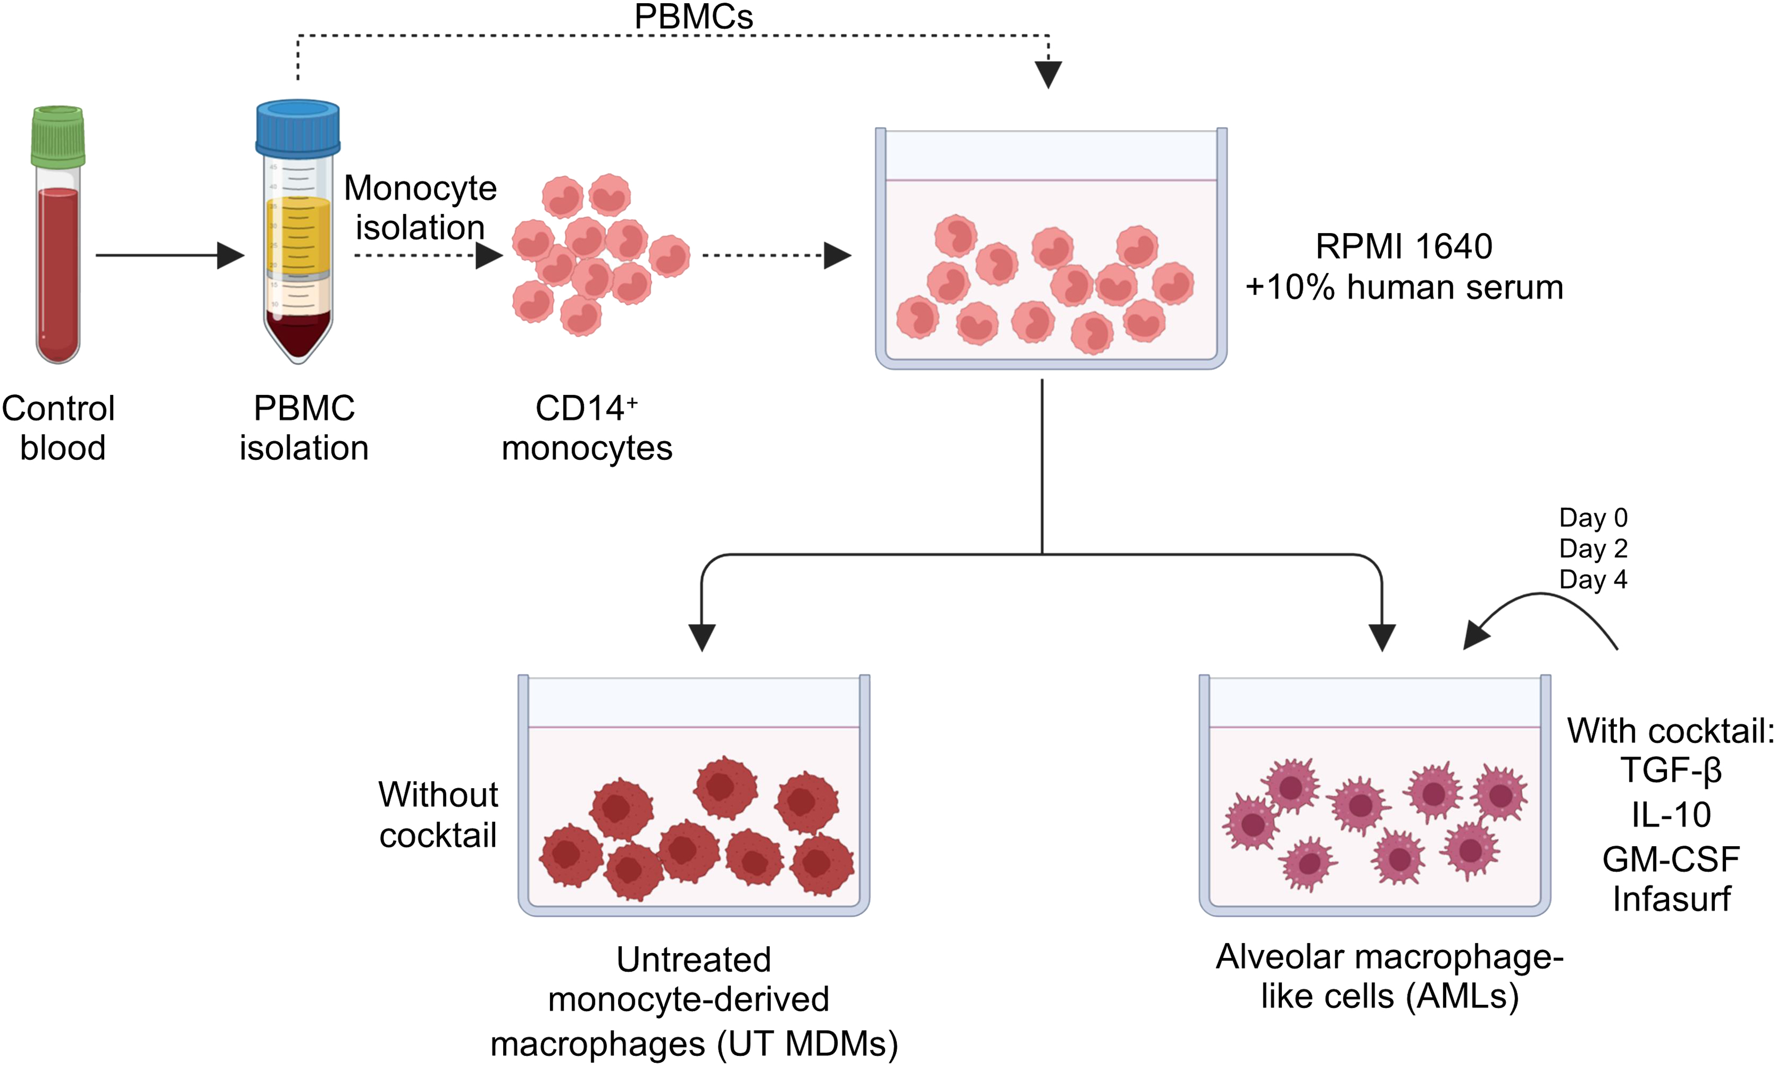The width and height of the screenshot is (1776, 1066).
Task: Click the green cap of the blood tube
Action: tap(58, 137)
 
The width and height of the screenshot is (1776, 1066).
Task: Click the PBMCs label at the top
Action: tap(693, 16)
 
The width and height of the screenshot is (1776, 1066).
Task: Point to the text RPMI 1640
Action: tap(1404, 246)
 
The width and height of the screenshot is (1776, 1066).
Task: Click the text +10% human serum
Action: tap(1404, 287)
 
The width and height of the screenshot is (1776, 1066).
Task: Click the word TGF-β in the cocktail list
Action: tap(1671, 771)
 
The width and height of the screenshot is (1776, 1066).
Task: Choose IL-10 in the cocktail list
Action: tap(1671, 815)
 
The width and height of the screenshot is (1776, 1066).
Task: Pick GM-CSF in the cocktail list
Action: tap(1671, 858)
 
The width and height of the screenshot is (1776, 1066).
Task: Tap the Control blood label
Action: tap(59, 428)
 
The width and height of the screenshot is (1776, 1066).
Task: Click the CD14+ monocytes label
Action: tap(586, 428)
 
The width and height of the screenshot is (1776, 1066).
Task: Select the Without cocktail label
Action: tap(438, 815)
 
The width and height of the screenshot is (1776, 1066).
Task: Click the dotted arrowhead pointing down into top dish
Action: tap(1048, 74)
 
